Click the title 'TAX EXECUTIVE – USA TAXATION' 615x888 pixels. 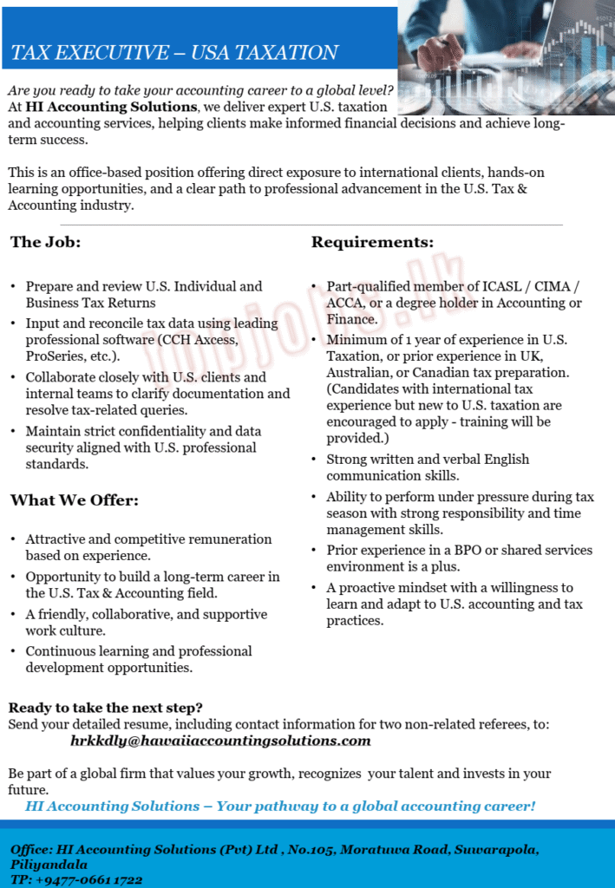pyautogui.click(x=174, y=53)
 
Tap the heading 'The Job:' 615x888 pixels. pyautogui.click(x=45, y=242)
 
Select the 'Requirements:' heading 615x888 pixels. pyautogui.click(x=372, y=242)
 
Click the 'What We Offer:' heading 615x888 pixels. pyautogui.click(x=75, y=500)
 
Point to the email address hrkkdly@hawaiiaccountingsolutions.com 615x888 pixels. pyautogui.click(x=220, y=741)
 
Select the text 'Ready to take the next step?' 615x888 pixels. pyautogui.click(x=106, y=708)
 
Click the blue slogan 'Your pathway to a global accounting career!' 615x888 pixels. pyautogui.click(x=376, y=806)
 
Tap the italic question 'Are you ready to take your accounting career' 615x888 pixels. pyautogui.click(x=200, y=90)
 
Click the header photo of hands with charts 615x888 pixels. pyautogui.click(x=506, y=35)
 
